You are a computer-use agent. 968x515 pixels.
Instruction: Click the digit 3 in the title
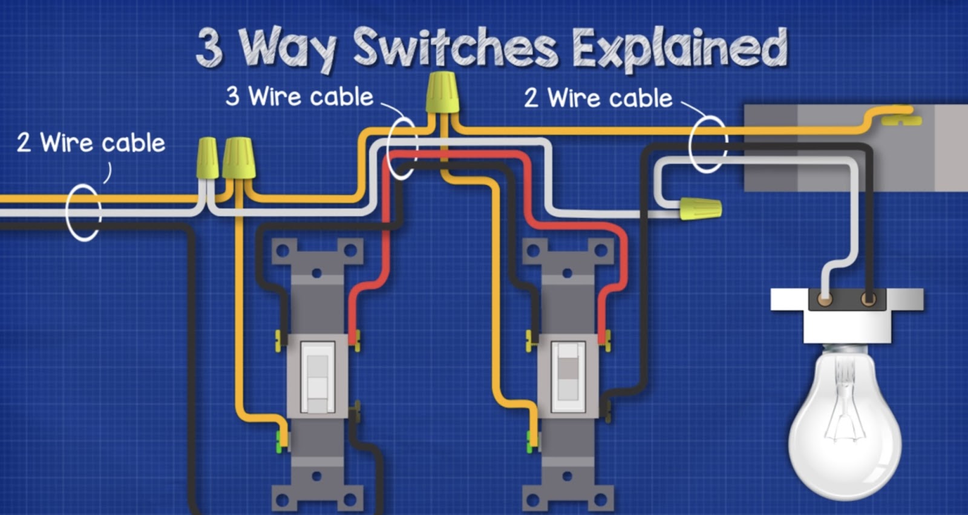pos(209,48)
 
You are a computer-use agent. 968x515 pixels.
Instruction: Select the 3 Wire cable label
pos(299,97)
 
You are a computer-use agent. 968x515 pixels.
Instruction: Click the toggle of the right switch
pos(567,372)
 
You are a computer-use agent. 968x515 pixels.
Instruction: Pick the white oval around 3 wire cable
pos(402,148)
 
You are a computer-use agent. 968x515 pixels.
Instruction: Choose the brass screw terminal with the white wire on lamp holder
pos(824,299)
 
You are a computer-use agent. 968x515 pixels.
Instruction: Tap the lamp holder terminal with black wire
pos(868,299)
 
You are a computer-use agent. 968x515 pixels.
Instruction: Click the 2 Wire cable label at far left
pos(91,143)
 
